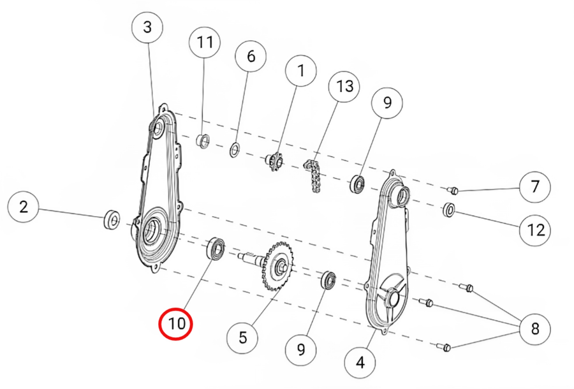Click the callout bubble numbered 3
(x=147, y=27)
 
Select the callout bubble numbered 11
(x=205, y=42)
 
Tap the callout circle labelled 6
(x=251, y=56)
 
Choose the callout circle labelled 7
(x=535, y=187)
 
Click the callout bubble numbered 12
(x=535, y=230)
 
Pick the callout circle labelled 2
(x=24, y=207)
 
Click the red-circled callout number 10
(x=176, y=324)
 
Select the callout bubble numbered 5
(x=242, y=337)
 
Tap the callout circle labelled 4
(x=360, y=363)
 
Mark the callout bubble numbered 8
(x=535, y=328)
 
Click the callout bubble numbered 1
(x=301, y=71)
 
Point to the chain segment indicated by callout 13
(x=313, y=175)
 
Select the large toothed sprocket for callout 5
(x=277, y=266)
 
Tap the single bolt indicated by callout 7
(x=453, y=190)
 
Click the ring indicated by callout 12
(x=449, y=210)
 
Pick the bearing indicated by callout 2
(x=111, y=219)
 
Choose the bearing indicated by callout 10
(x=216, y=249)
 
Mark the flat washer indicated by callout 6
(x=235, y=150)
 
